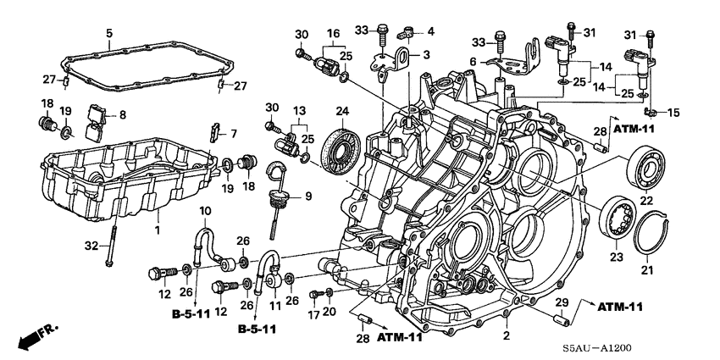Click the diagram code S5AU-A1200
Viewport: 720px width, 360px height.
(x=667, y=348)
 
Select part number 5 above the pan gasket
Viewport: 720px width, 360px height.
(x=108, y=34)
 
